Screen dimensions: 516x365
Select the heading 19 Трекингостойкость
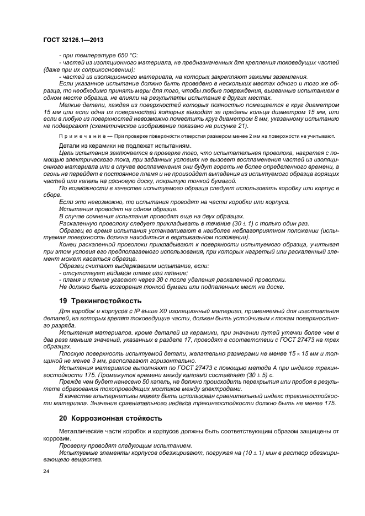click(99, 301)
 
